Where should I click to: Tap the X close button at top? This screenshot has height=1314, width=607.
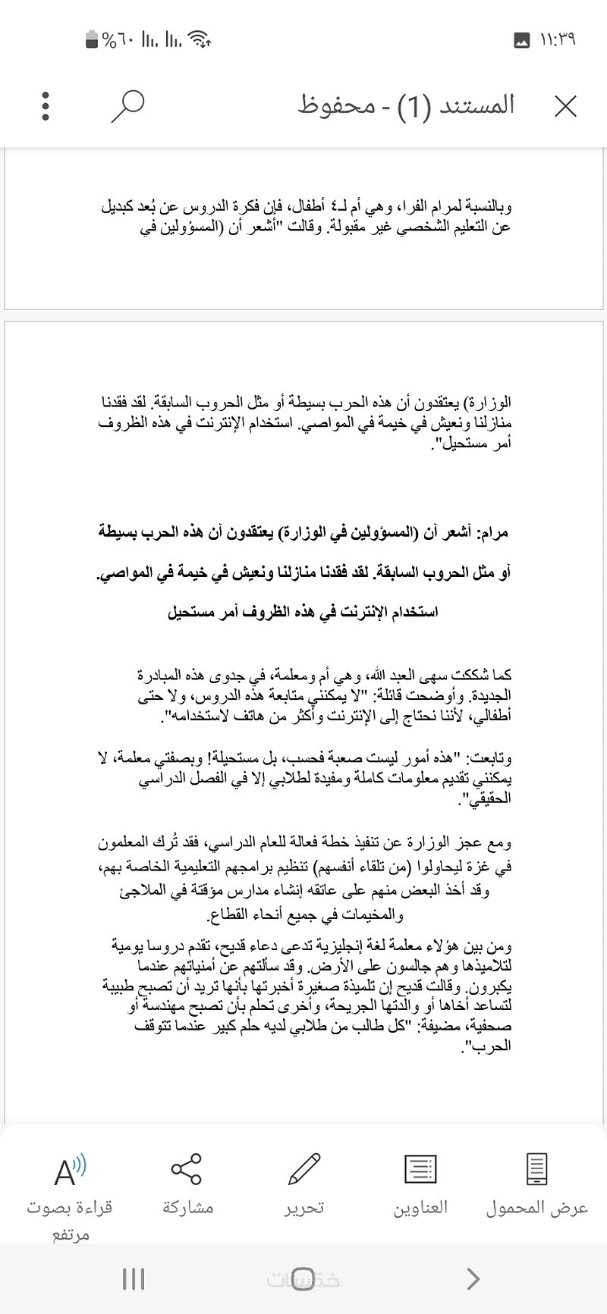click(x=566, y=106)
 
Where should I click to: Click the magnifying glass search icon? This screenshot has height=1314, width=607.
click(x=127, y=105)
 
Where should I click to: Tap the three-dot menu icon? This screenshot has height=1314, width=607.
click(x=46, y=106)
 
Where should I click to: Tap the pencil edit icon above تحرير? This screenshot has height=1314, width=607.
click(x=304, y=1168)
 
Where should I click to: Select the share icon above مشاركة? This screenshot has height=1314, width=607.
click(x=187, y=1168)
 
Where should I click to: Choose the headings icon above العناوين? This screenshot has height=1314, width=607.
click(x=420, y=1168)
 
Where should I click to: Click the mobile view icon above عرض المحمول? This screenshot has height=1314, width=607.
click(x=536, y=1168)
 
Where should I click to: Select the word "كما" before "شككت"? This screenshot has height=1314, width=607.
click(x=501, y=674)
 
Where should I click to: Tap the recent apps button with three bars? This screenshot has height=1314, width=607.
click(x=134, y=1279)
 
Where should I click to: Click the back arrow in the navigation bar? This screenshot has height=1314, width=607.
click(x=473, y=1279)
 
